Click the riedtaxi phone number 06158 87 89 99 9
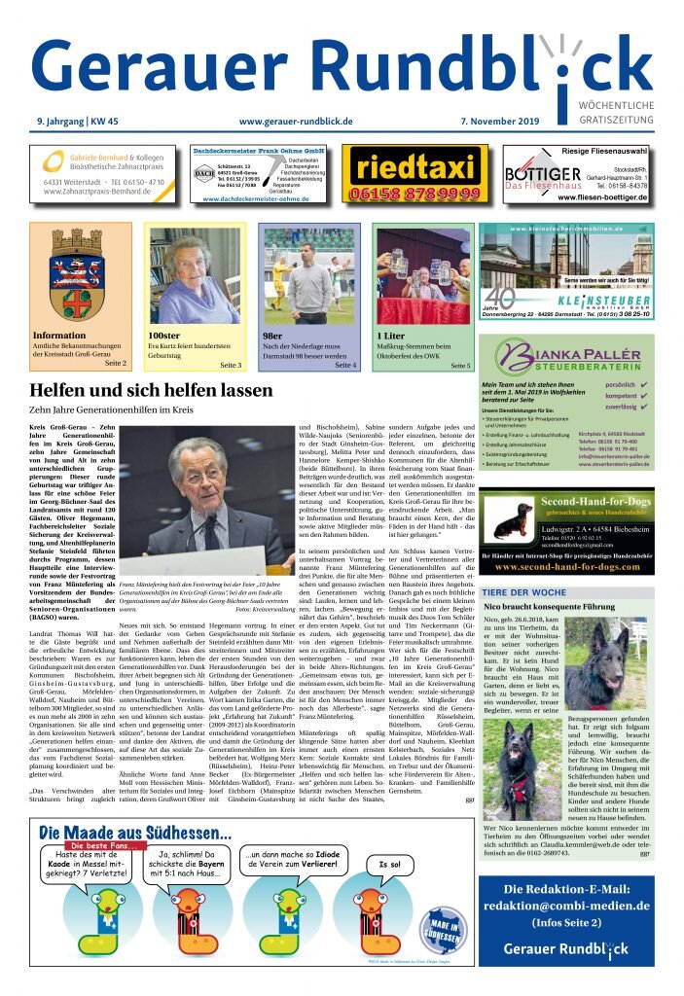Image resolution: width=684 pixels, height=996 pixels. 414,194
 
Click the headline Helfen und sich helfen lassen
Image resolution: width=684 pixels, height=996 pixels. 151,390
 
